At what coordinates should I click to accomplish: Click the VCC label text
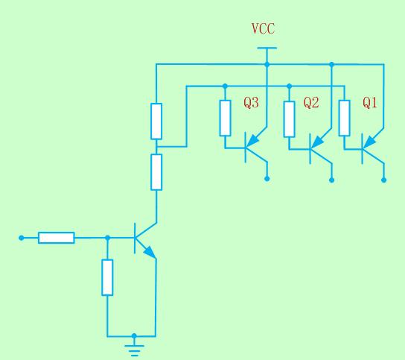click(x=263, y=29)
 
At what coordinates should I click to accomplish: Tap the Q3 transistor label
click(x=251, y=103)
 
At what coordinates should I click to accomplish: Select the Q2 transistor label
click(x=311, y=103)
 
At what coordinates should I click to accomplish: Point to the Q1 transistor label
click(x=370, y=103)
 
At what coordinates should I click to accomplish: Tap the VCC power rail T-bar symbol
click(x=267, y=48)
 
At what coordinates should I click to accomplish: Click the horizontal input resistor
click(x=57, y=238)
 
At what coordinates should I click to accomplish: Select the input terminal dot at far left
click(x=22, y=238)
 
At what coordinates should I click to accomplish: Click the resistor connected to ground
click(x=107, y=277)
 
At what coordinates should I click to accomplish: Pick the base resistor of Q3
click(x=226, y=119)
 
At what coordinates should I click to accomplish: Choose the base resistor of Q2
click(x=290, y=119)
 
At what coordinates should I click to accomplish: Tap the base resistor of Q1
click(x=344, y=118)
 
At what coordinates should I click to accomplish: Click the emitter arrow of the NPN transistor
click(x=150, y=252)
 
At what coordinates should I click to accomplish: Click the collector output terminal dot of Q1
click(x=384, y=180)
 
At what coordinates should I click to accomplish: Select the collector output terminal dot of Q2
click(x=332, y=180)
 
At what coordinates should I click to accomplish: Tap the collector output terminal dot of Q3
click(x=267, y=178)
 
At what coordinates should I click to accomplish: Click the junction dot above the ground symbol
click(x=134, y=336)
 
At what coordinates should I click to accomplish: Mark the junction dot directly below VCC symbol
click(x=267, y=64)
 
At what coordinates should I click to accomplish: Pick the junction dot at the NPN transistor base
click(x=108, y=238)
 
